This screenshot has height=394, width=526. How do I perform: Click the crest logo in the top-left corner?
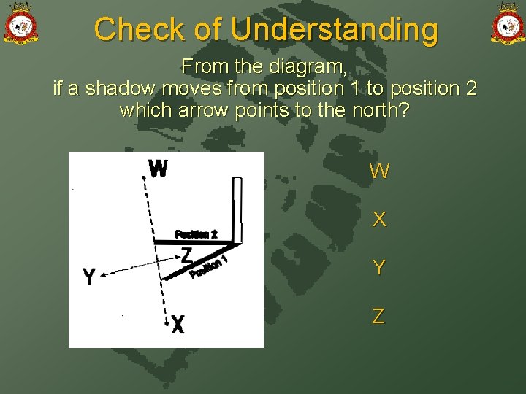click(20, 24)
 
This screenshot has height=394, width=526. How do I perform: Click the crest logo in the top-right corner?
click(507, 24)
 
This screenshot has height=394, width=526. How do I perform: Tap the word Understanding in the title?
click(334, 30)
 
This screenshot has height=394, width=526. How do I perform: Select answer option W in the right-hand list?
click(379, 172)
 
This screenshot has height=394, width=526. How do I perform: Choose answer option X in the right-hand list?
click(379, 220)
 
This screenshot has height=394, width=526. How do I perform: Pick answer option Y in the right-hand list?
click(379, 268)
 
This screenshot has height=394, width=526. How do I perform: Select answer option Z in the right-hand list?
click(378, 316)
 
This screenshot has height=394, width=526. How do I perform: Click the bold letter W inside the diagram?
click(158, 169)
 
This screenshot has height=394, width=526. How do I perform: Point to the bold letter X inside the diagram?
click(178, 325)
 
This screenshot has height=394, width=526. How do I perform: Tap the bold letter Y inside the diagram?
click(89, 277)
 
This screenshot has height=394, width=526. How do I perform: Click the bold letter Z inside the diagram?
click(187, 255)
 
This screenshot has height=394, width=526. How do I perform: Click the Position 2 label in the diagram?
click(196, 234)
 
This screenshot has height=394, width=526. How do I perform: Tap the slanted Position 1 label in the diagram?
click(209, 267)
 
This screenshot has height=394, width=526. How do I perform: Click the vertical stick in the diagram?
click(236, 209)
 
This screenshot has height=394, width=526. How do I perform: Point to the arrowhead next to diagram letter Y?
click(104, 274)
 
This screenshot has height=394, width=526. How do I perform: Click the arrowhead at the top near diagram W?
click(145, 161)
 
